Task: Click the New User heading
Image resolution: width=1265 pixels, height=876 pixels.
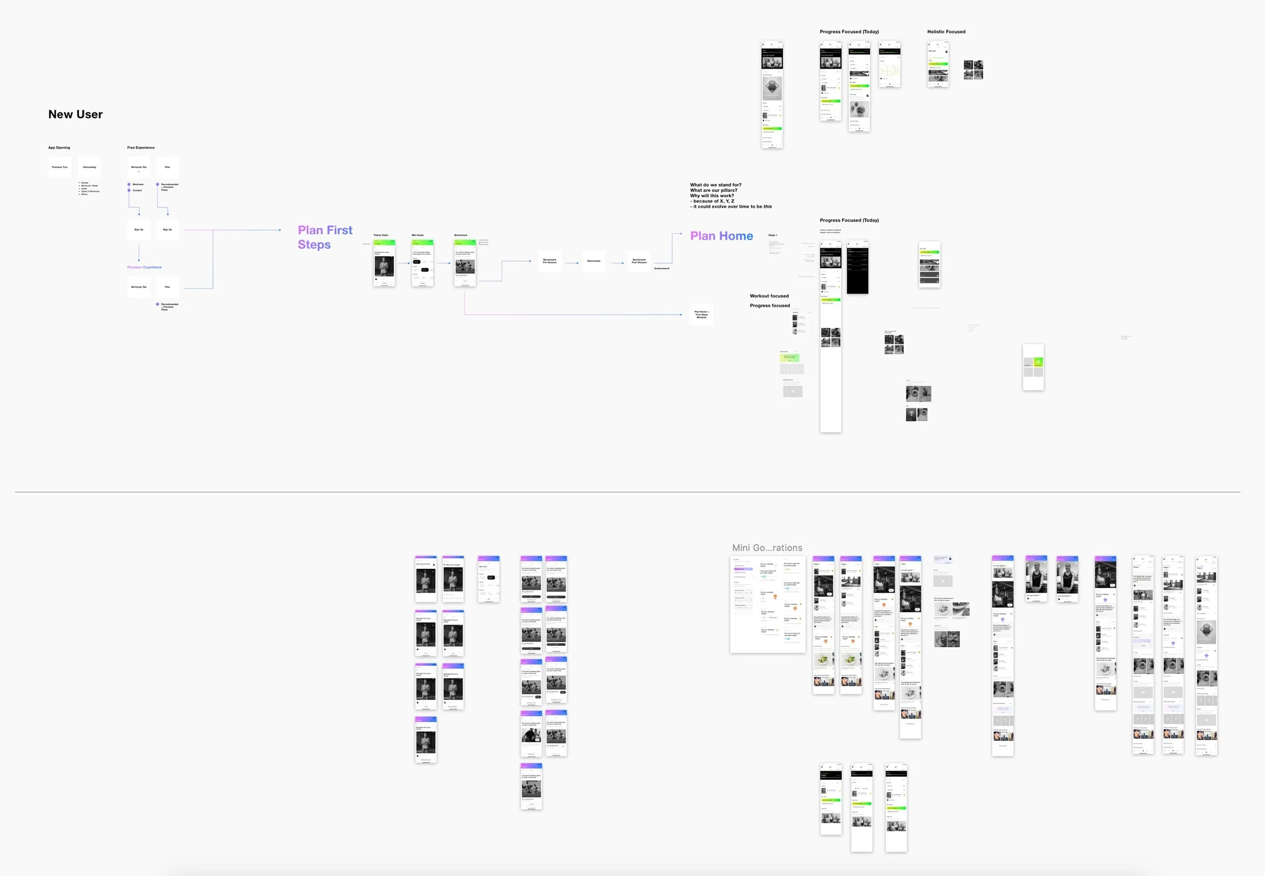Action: (75, 114)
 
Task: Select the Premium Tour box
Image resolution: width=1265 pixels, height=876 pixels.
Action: (60, 167)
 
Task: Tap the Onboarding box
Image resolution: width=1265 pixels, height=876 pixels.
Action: (90, 167)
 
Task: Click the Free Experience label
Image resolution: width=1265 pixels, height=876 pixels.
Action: (141, 148)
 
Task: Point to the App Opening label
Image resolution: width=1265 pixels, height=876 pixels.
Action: (59, 148)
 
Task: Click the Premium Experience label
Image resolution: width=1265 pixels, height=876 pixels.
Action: (144, 267)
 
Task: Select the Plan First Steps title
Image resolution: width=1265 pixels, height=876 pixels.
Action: (325, 237)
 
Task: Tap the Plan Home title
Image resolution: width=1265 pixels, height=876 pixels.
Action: (721, 236)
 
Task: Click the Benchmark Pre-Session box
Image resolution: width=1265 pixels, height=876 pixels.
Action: (550, 261)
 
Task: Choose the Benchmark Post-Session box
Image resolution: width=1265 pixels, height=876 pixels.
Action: (639, 261)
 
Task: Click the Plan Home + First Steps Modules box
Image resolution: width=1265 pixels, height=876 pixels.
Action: (701, 314)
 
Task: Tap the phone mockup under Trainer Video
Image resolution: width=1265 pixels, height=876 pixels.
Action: (384, 263)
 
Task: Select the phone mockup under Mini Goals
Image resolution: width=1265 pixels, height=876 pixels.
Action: (423, 263)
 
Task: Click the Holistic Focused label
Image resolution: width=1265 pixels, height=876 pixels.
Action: (946, 32)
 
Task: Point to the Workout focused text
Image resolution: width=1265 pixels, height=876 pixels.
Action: (769, 296)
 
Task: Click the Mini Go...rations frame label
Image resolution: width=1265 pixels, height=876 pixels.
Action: (767, 548)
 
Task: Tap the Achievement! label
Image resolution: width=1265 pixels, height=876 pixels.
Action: (661, 268)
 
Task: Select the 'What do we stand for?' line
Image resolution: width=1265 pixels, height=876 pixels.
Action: (715, 185)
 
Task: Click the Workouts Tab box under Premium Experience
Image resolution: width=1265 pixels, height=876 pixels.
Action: (139, 287)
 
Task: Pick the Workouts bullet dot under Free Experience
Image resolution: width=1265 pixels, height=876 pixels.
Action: (129, 184)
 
